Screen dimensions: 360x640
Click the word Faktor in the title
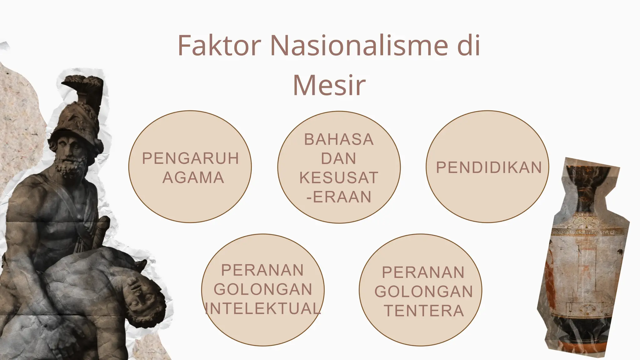[219, 46]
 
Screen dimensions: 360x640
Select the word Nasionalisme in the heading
[359, 46]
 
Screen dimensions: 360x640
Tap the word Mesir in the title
[329, 85]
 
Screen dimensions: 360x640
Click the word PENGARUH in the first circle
[190, 158]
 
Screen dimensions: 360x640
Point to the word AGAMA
[193, 178]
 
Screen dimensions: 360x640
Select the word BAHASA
[339, 139]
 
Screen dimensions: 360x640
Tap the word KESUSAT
[339, 178]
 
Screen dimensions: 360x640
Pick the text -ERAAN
[339, 197]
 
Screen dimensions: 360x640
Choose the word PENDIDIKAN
[489, 167]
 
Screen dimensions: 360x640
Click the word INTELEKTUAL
[263, 308]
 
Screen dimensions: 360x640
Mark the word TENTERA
[424, 311]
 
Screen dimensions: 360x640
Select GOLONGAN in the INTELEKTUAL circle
[263, 289]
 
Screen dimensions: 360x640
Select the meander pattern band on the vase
[587, 232]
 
